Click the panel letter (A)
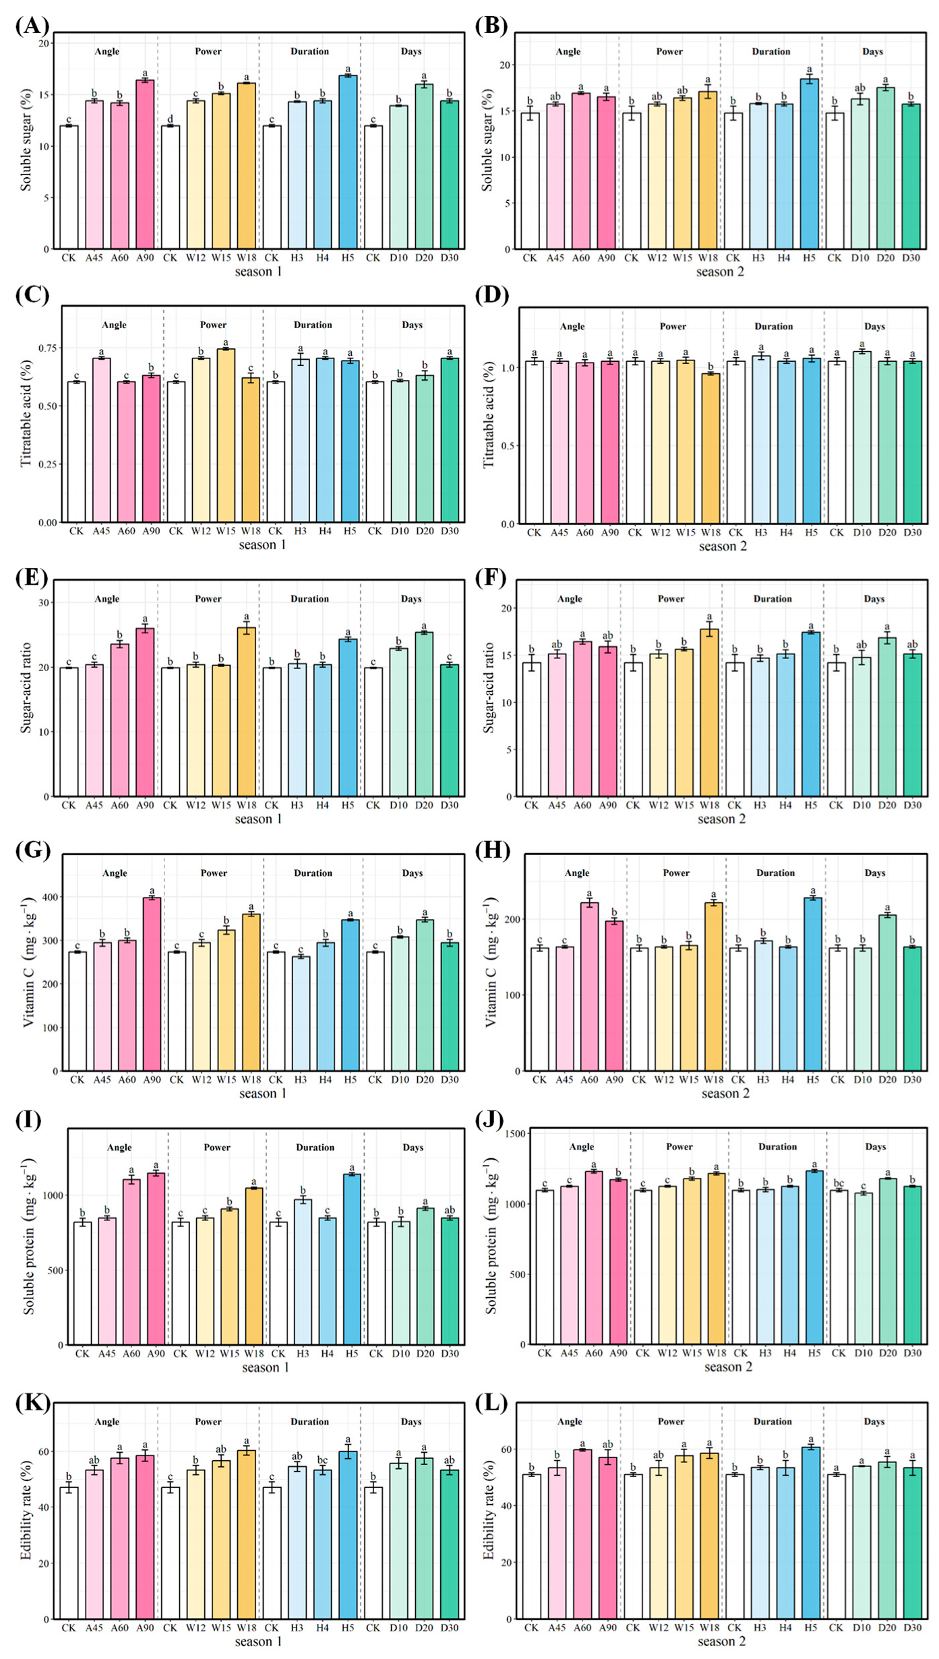[32, 26]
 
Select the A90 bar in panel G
[152, 984]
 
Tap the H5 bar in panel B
[809, 164]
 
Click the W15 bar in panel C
[226, 435]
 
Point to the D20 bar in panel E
[424, 714]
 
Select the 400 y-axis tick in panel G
[51, 897]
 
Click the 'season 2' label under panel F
[721, 819]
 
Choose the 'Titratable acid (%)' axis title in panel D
[489, 416]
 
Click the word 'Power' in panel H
[676, 873]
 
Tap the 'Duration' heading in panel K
[310, 1421]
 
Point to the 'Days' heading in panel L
[874, 1421]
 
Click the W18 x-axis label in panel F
[710, 805]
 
